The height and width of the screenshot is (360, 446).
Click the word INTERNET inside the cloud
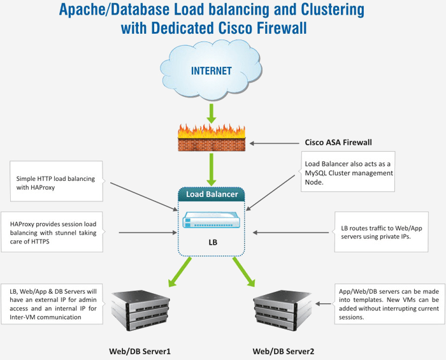[x=211, y=71]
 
